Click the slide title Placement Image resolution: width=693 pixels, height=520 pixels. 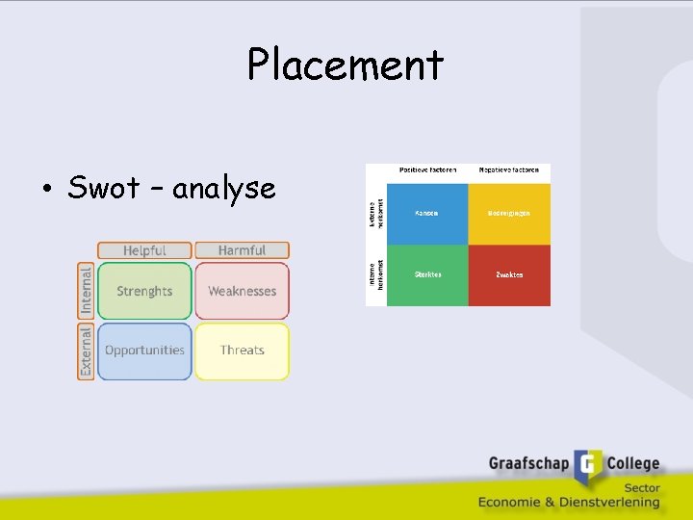point(346,65)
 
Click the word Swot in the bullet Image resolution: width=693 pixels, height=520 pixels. point(104,188)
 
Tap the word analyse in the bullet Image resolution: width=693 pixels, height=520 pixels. point(224,189)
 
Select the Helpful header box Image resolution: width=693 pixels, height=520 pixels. point(144,250)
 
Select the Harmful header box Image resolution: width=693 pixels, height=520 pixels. point(242,250)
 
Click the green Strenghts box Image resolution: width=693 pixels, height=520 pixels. point(144,291)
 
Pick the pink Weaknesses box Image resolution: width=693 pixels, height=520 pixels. point(242,291)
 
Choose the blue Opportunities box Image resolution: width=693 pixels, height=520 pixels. point(144,351)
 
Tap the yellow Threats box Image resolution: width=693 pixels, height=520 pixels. point(242,351)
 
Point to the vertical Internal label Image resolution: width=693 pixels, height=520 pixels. point(86,291)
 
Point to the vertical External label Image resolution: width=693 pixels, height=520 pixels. point(86,351)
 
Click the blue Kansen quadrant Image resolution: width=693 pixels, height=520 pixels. point(426,214)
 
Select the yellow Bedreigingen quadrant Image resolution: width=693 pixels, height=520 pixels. point(509,214)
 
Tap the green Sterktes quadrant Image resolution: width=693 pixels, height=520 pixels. point(426,275)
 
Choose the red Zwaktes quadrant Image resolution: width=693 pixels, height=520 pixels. point(509,275)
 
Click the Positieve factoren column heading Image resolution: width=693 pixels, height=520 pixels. point(426,170)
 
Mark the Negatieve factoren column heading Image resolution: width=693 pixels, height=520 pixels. point(508,170)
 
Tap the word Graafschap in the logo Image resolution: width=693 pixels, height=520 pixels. point(528,464)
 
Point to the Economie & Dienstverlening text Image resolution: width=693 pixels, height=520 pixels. point(569,502)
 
